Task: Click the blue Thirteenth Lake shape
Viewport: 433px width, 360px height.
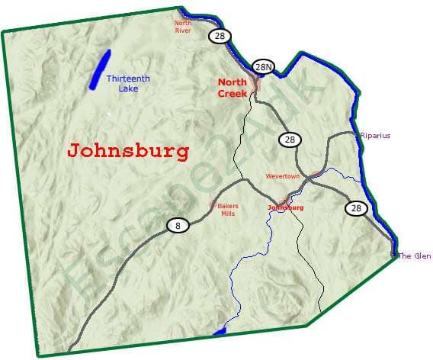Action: [x=99, y=69]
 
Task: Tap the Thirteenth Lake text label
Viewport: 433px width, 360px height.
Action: [x=128, y=83]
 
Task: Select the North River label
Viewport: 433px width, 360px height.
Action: [x=183, y=26]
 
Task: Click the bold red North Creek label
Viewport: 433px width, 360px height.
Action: [x=233, y=88]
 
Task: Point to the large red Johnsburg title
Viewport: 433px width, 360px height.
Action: [x=128, y=150]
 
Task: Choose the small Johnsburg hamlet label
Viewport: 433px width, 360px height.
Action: [x=286, y=207]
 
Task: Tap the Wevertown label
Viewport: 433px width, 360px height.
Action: [x=283, y=176]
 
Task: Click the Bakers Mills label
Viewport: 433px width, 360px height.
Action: [x=228, y=210]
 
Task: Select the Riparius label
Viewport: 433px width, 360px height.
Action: [x=375, y=136]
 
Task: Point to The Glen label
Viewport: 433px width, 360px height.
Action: [x=415, y=256]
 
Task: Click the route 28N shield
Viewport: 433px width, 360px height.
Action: [x=263, y=67]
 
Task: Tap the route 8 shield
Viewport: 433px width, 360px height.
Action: [x=178, y=225]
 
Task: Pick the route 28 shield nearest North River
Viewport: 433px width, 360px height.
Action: [x=220, y=36]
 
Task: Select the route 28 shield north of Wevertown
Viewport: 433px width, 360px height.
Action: [x=289, y=140]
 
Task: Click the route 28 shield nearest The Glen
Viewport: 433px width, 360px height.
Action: [x=355, y=207]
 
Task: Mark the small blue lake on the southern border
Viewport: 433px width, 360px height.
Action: [x=220, y=331]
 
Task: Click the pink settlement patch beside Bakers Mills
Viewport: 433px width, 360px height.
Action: [x=213, y=204]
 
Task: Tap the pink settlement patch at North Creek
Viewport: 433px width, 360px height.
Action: [x=255, y=82]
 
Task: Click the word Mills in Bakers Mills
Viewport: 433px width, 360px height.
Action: [x=228, y=214]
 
